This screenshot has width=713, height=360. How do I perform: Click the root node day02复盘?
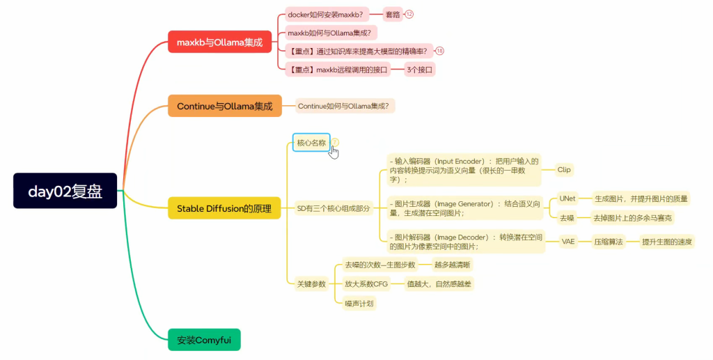pyautogui.click(x=65, y=191)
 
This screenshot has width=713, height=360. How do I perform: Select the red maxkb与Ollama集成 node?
pyautogui.click(x=219, y=42)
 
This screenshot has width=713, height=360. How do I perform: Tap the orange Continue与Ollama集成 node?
pyautogui.click(x=224, y=107)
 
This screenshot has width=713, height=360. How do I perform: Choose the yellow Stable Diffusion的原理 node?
pyautogui.click(x=224, y=208)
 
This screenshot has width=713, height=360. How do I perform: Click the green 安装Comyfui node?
pyautogui.click(x=204, y=341)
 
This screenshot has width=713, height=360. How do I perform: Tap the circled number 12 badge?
pyautogui.click(x=409, y=14)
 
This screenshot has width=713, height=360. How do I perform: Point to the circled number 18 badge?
pyautogui.click(x=440, y=51)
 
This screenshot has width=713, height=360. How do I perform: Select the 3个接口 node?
pyautogui.click(x=421, y=69)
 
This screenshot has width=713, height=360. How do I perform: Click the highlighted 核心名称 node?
pyautogui.click(x=311, y=143)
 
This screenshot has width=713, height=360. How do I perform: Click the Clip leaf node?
pyautogui.click(x=564, y=169)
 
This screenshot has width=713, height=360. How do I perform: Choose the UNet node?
pyautogui.click(x=567, y=198)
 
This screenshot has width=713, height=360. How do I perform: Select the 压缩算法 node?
pyautogui.click(x=608, y=242)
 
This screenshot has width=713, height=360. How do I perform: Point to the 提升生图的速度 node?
pyautogui.click(x=666, y=242)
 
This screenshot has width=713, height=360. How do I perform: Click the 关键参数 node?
pyautogui.click(x=311, y=284)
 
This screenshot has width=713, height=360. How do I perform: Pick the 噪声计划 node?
pyautogui.click(x=359, y=303)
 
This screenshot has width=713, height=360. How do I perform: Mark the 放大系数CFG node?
pyautogui.click(x=366, y=284)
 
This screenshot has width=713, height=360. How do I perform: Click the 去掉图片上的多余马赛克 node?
pyautogui.click(x=632, y=218)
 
